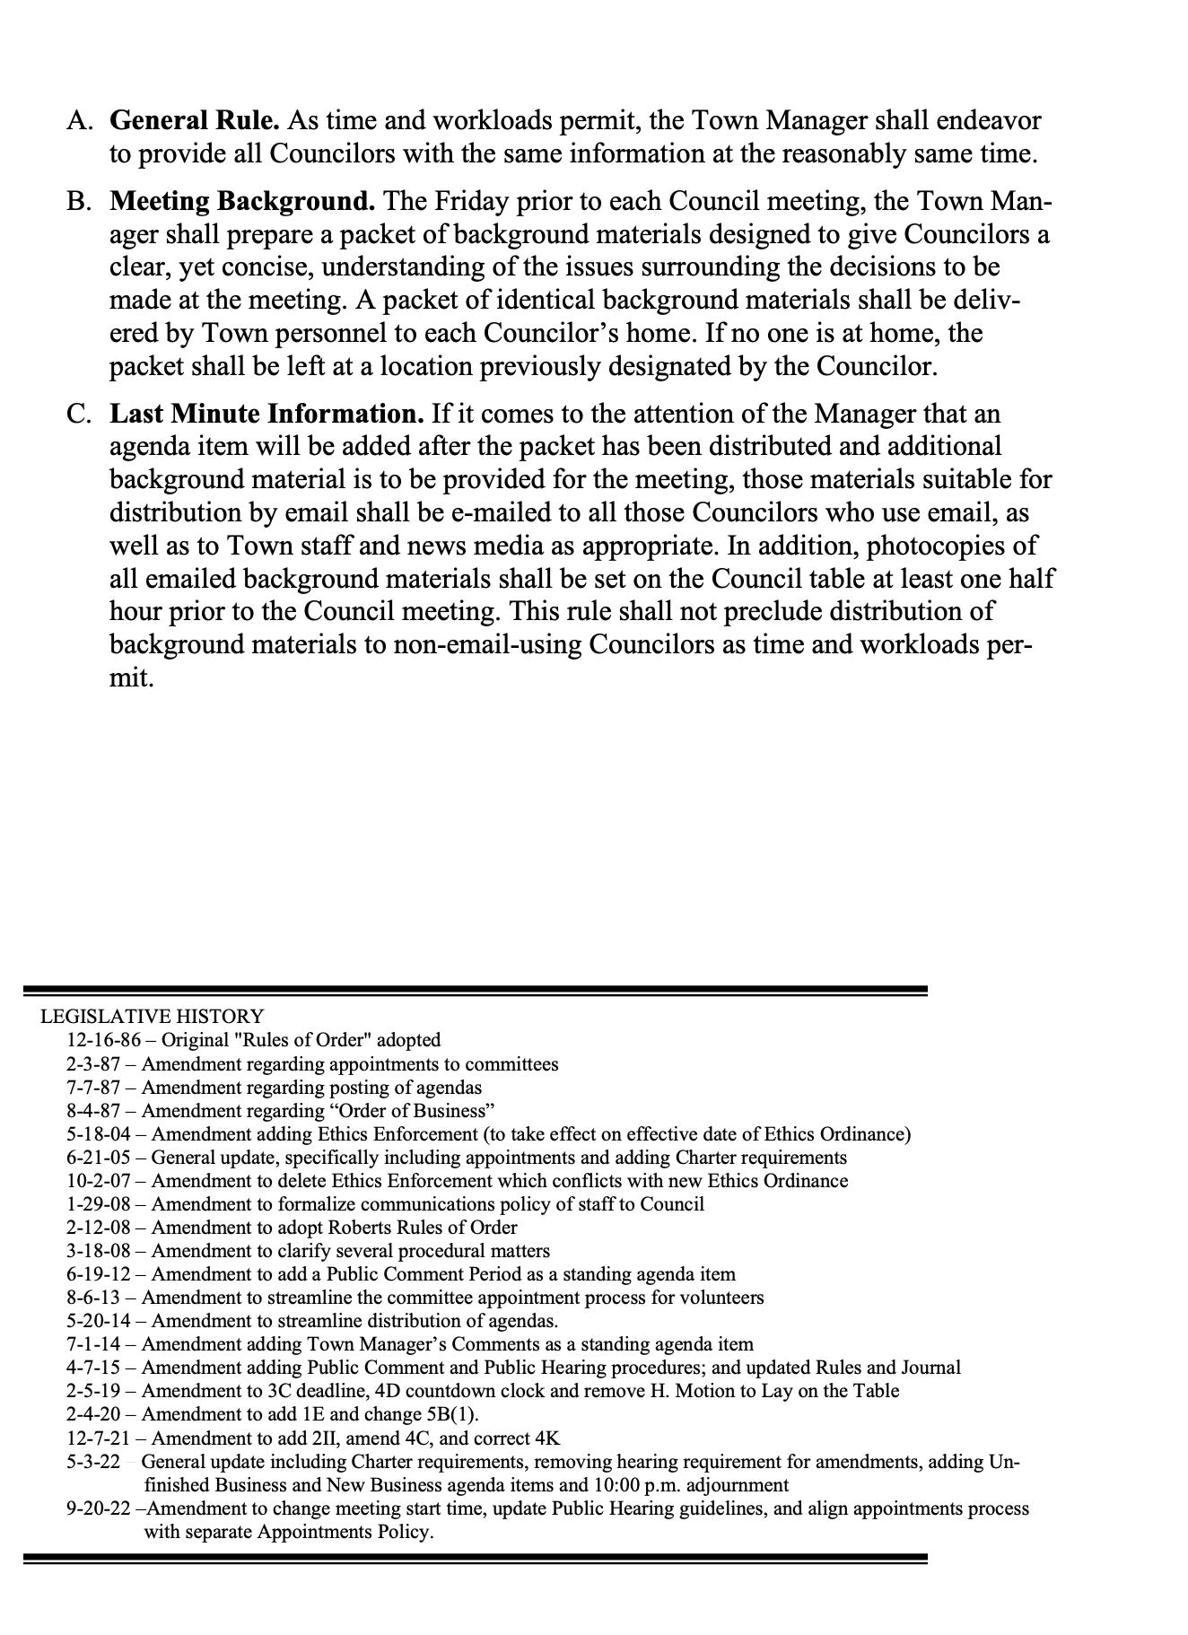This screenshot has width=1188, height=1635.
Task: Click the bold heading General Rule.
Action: tap(195, 120)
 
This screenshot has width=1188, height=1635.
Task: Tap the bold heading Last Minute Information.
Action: tap(266, 414)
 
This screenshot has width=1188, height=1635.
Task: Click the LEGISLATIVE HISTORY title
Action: tap(152, 1016)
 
